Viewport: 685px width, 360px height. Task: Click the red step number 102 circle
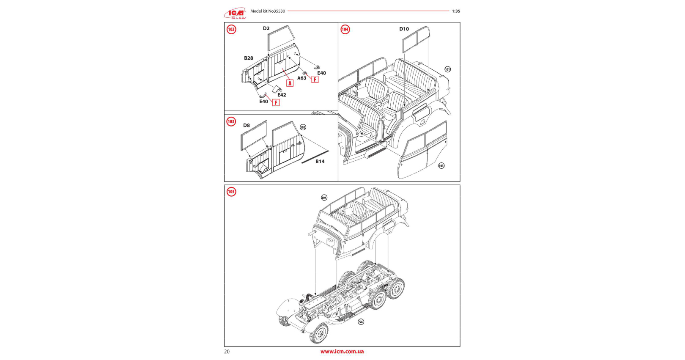(231, 29)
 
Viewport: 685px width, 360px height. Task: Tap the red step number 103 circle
(231, 121)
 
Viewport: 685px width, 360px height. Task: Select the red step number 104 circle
(345, 29)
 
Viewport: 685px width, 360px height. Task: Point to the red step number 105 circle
(231, 192)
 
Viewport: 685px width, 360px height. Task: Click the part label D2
(266, 28)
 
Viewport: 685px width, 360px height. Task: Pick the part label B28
(249, 58)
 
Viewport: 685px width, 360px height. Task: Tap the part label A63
(301, 78)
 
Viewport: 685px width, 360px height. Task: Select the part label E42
(282, 95)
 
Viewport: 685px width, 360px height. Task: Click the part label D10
(404, 29)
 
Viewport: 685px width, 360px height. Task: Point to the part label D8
(247, 125)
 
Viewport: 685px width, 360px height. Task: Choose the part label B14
(320, 161)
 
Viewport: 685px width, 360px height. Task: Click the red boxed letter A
(290, 83)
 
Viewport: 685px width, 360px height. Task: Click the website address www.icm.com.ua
(342, 352)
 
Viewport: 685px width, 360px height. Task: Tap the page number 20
(227, 352)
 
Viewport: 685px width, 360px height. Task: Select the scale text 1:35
(456, 11)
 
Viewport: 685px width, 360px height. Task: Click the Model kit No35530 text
(268, 11)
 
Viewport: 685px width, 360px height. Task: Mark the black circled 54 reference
(361, 322)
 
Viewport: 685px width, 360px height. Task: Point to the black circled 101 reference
(447, 69)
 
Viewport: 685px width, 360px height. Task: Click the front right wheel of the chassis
(318, 333)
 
